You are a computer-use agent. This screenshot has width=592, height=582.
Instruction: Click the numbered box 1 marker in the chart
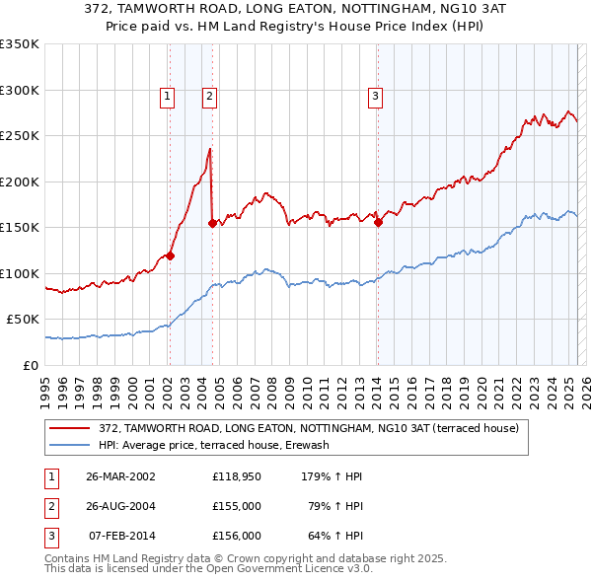click(x=168, y=96)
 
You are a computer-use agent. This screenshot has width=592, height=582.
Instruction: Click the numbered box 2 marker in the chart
click(x=211, y=96)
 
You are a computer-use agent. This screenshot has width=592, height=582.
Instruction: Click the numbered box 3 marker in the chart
click(x=376, y=96)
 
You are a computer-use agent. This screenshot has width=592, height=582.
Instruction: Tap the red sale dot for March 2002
click(x=170, y=255)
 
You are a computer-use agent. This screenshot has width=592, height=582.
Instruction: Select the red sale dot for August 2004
click(x=212, y=223)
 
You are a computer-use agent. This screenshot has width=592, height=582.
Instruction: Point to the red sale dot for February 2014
click(x=377, y=222)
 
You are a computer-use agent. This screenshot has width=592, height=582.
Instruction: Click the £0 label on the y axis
click(x=30, y=365)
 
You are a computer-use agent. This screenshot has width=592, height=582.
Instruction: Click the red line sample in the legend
click(x=69, y=428)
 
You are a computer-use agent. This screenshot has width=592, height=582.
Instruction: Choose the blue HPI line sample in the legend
click(x=69, y=445)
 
